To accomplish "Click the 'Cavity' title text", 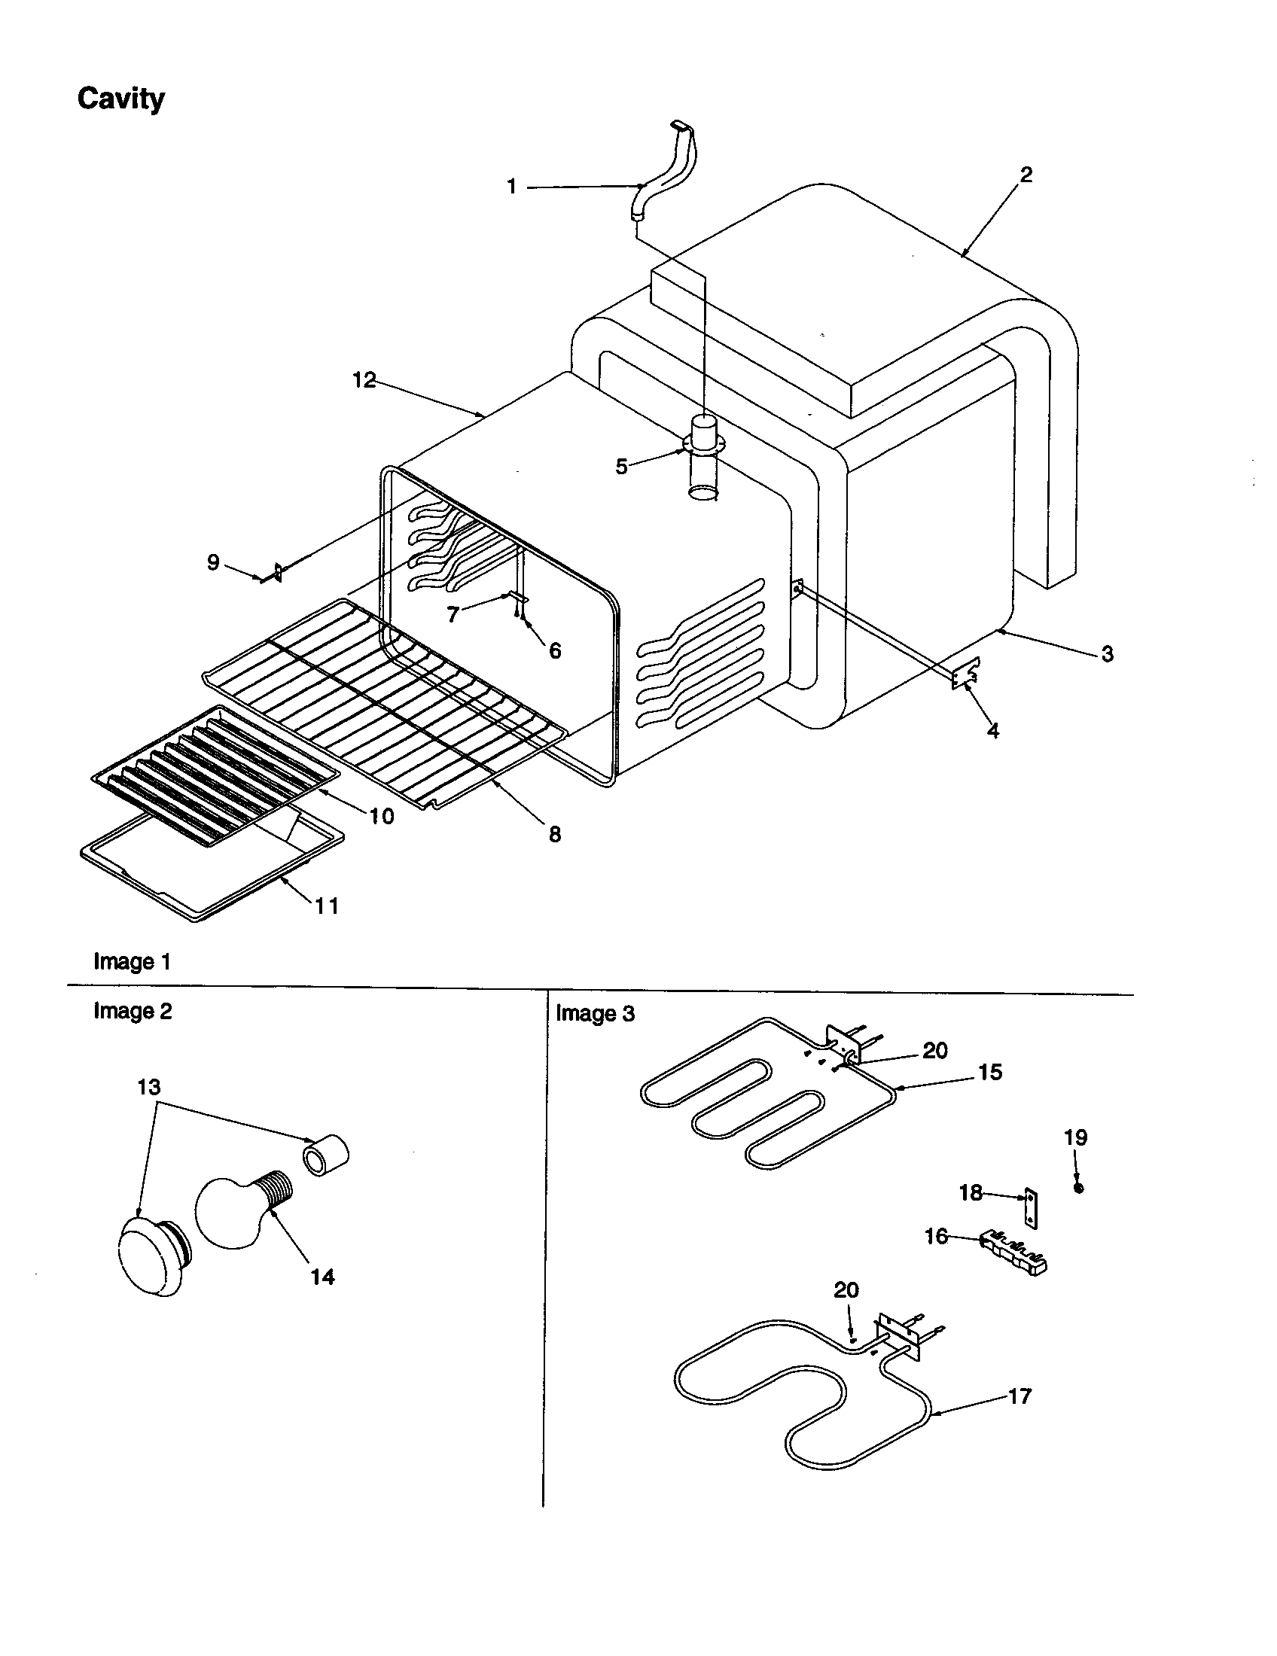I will pos(120,99).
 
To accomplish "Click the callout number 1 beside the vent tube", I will pos(512,187).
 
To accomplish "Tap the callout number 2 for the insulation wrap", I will pos(1026,175).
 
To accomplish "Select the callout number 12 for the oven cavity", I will pos(364,380).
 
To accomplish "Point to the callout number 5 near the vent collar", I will pos(622,467).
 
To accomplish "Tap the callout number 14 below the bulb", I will pos(322,1277).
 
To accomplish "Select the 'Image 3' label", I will pos(596,1014).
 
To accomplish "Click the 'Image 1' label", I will pos(132,961).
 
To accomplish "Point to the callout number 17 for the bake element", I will pos(1020,1396).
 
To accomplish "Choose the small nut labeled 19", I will pos(1079,1188).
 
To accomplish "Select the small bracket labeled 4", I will pos(965,674).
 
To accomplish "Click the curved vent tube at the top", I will pos(667,171).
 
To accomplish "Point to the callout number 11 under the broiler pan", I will pos(327,906).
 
